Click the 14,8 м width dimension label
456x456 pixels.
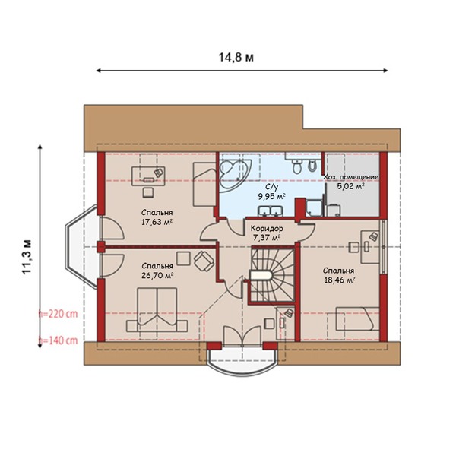click(236, 58)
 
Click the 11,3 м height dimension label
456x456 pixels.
click(27, 257)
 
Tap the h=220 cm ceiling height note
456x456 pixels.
click(59, 314)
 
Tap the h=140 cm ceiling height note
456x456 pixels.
click(59, 340)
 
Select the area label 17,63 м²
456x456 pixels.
click(157, 222)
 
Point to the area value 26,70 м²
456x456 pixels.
click(157, 275)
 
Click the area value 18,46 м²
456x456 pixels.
click(339, 280)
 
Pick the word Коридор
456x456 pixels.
click(267, 229)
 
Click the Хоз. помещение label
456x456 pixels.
click(351, 177)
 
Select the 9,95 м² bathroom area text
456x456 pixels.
click(271, 196)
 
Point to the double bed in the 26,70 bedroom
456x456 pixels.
click(157, 310)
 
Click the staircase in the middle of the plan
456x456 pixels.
click(273, 274)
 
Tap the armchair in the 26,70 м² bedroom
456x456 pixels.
click(204, 261)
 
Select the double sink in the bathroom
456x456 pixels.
click(270, 211)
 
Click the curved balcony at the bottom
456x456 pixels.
click(242, 360)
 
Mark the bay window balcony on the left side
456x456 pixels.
click(82, 247)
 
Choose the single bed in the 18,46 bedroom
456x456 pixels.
click(358, 318)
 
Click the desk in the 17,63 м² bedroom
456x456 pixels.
click(148, 176)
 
